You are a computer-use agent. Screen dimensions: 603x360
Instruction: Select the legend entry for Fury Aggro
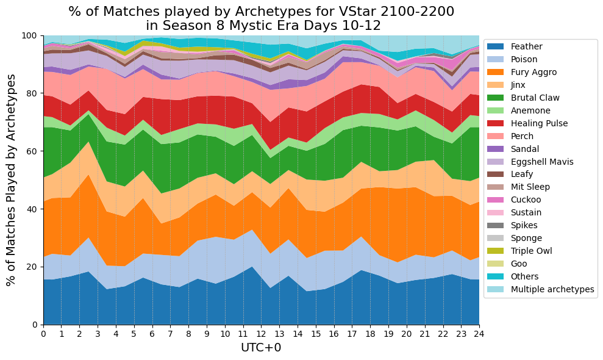[x=522, y=72]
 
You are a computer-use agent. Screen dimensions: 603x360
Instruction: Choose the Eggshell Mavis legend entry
[x=530, y=162]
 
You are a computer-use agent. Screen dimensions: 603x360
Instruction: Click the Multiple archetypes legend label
[x=552, y=289]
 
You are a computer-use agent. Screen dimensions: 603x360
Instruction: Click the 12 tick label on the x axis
[x=262, y=333]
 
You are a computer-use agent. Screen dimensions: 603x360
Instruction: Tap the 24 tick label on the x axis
[x=479, y=333]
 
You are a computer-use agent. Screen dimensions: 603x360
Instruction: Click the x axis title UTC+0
[x=261, y=348]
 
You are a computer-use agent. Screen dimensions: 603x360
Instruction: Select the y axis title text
[x=11, y=180]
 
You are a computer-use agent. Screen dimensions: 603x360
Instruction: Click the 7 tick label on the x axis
[x=170, y=333]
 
